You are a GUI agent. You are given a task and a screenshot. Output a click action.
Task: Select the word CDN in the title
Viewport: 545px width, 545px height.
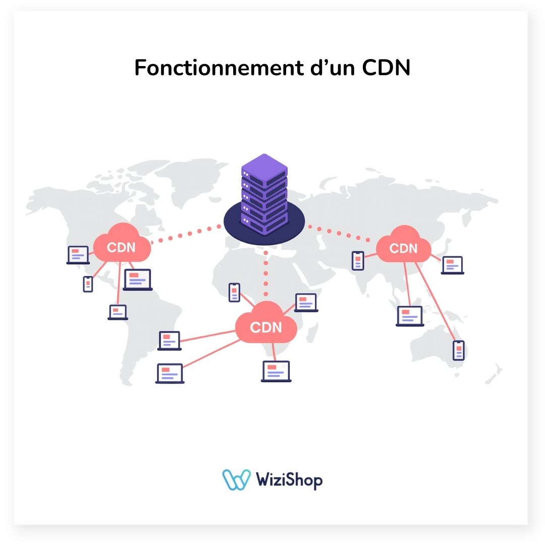pyautogui.click(x=386, y=68)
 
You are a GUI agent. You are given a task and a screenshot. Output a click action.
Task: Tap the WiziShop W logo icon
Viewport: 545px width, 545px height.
pyautogui.click(x=236, y=479)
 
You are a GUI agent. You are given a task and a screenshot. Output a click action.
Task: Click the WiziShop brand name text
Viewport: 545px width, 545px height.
pyautogui.click(x=289, y=479)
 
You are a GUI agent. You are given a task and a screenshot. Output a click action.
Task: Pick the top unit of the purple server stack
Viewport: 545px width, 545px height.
pyautogui.click(x=264, y=167)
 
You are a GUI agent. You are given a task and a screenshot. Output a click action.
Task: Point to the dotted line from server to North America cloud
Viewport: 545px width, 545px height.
pyautogui.click(x=187, y=234)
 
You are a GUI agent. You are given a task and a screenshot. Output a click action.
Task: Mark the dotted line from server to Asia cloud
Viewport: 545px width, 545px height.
pyautogui.click(x=343, y=233)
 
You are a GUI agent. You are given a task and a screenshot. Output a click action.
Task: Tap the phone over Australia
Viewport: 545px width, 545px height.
pyautogui.click(x=458, y=350)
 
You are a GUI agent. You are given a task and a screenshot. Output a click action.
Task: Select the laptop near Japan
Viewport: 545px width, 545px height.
pyautogui.click(x=452, y=264)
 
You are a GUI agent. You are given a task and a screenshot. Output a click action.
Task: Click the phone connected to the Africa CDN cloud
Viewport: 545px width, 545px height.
pyautogui.click(x=234, y=292)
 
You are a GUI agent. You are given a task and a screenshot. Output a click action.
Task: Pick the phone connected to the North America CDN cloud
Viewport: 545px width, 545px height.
pyautogui.click(x=88, y=284)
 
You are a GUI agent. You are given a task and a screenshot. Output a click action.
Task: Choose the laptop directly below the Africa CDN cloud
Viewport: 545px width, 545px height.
pyautogui.click(x=276, y=371)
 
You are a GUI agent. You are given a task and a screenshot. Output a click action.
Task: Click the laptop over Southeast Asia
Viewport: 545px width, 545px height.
pyautogui.click(x=409, y=315)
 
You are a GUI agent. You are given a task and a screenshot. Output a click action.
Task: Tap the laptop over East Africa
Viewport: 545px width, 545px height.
pyautogui.click(x=306, y=302)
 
